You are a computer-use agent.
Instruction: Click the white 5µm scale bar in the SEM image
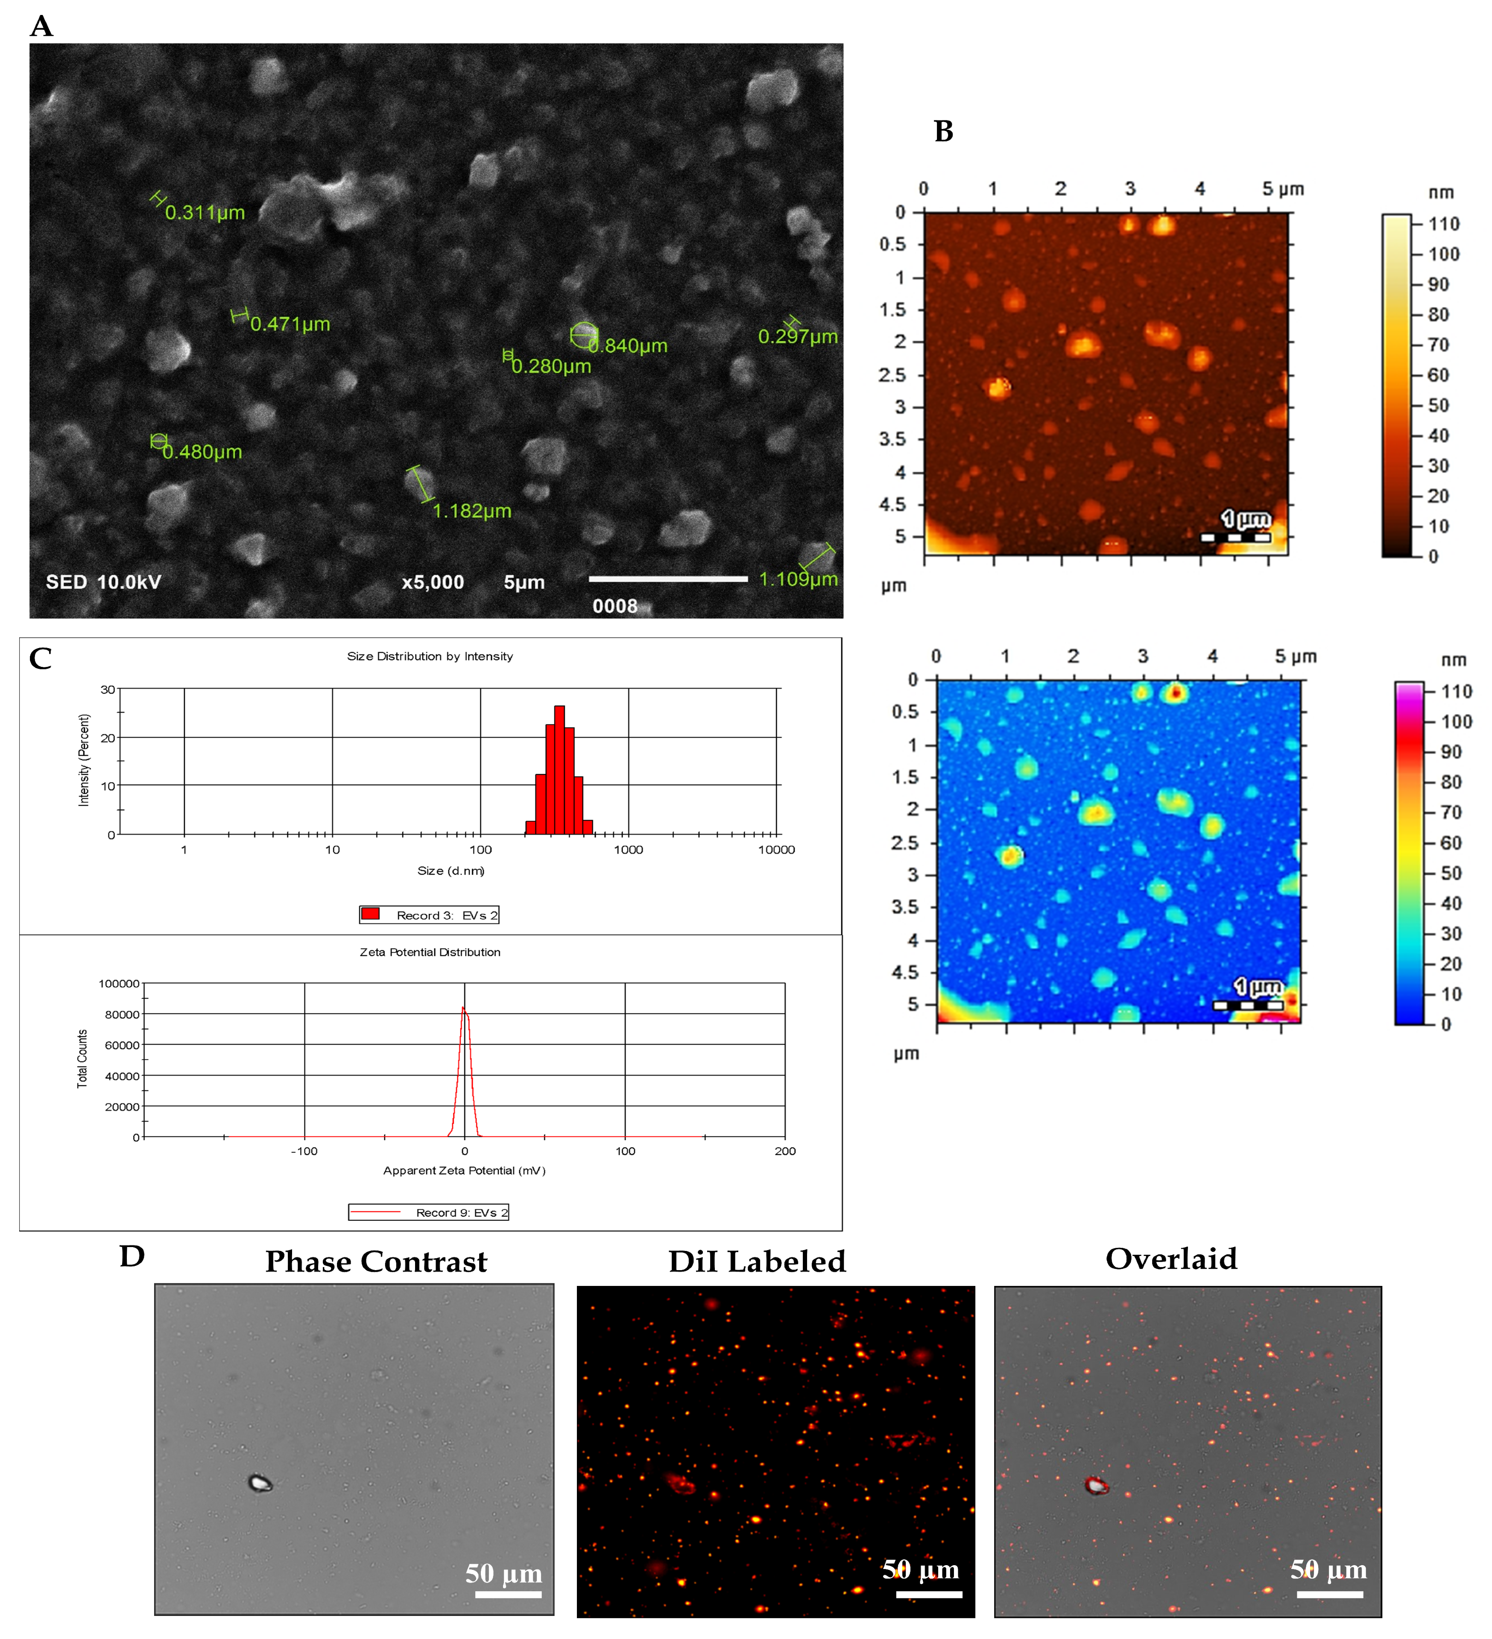coord(667,579)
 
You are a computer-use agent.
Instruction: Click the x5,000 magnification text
coord(433,582)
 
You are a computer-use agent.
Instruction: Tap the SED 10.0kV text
coord(103,582)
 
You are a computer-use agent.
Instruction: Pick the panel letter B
coord(943,131)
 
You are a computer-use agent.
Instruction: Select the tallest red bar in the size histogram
coord(559,768)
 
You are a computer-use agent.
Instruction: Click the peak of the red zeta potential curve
coord(463,1009)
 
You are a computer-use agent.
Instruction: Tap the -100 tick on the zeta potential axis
coord(304,1151)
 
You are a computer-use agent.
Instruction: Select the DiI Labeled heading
coord(757,1261)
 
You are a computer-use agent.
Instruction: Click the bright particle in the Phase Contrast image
coord(259,1483)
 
